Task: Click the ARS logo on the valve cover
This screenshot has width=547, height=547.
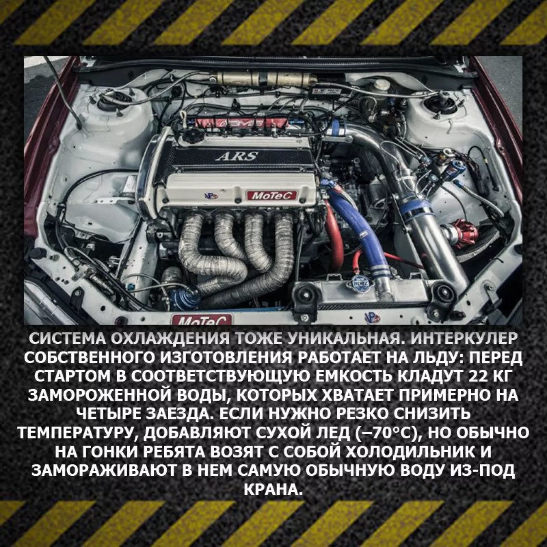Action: [x=237, y=156]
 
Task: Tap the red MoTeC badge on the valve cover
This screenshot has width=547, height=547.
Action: [x=271, y=196]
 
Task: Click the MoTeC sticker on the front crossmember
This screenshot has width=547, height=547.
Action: [x=201, y=319]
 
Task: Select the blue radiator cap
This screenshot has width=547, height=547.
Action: [x=359, y=283]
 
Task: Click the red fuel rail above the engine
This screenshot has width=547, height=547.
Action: [x=241, y=123]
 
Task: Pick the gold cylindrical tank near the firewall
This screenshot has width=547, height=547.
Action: [x=265, y=78]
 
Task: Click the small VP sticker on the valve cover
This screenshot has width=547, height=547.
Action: [x=211, y=196]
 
